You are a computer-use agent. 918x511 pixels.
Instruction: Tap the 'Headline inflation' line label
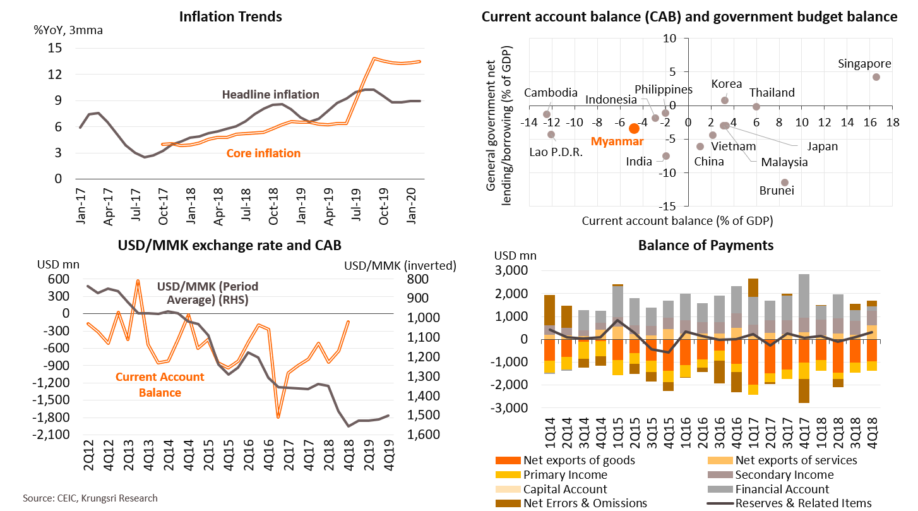click(271, 95)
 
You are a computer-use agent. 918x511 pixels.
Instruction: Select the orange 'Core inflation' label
click(263, 153)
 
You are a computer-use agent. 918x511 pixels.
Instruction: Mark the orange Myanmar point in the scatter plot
click(635, 128)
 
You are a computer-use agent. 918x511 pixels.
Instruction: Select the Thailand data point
click(756, 107)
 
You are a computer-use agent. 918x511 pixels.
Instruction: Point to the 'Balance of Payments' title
click(705, 245)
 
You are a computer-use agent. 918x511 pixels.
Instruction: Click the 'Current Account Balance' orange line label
click(160, 385)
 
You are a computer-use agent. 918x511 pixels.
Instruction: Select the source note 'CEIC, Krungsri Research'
click(90, 498)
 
